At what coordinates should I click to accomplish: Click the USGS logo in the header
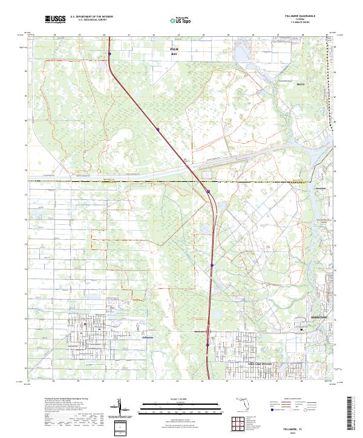55,19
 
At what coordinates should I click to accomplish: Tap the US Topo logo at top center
179,20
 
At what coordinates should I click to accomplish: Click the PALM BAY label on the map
175,51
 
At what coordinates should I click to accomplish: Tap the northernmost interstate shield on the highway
110,53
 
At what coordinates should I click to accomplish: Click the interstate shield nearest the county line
209,191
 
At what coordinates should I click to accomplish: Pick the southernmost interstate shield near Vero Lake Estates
207,346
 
